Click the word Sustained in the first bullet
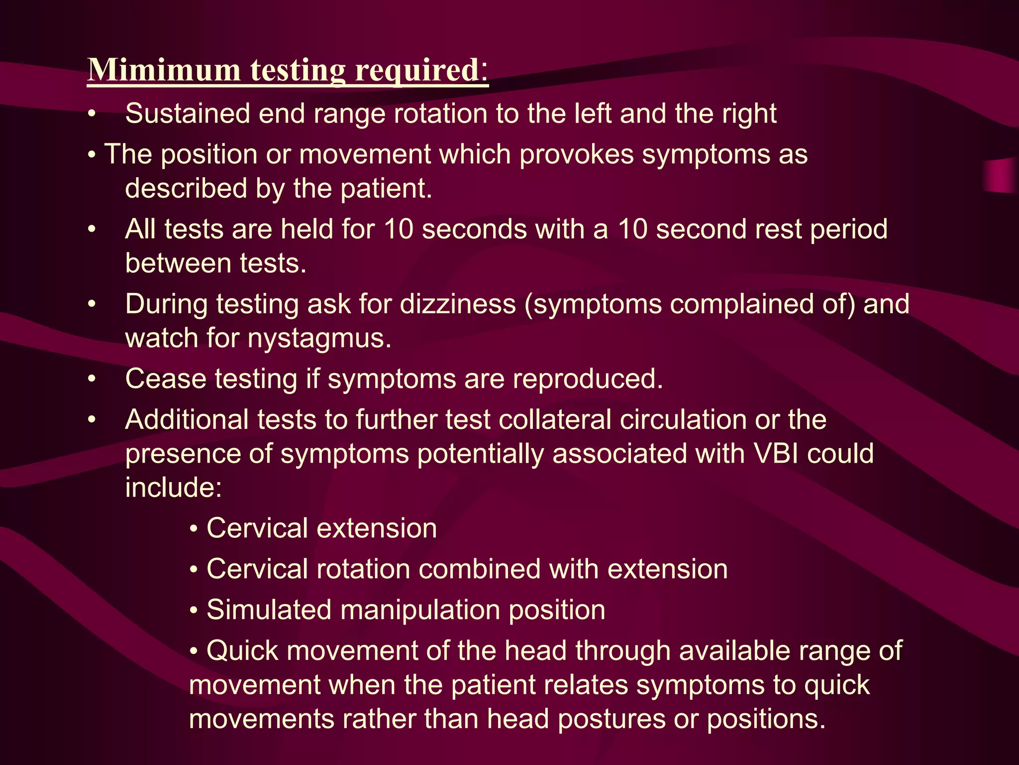click(x=187, y=114)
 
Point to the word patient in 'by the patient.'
click(x=386, y=189)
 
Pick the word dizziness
click(x=458, y=304)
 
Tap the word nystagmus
click(x=319, y=339)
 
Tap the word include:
click(x=173, y=488)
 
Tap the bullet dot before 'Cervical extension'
click(x=194, y=529)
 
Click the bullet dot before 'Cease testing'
click(x=92, y=380)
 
